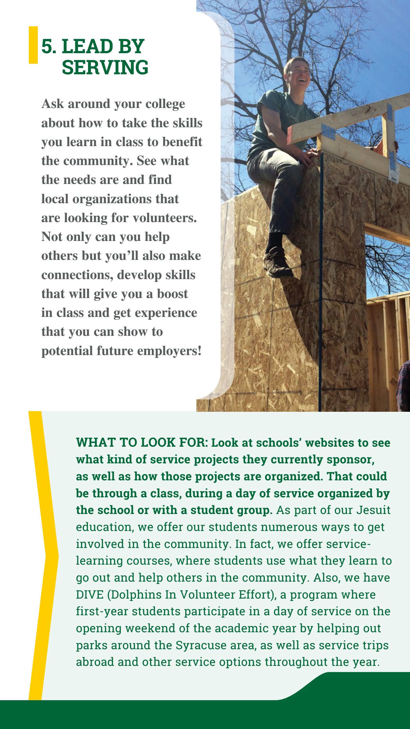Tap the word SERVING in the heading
click(x=105, y=67)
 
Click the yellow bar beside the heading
click(x=33, y=45)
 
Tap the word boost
click(x=172, y=294)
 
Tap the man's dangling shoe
click(x=277, y=263)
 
